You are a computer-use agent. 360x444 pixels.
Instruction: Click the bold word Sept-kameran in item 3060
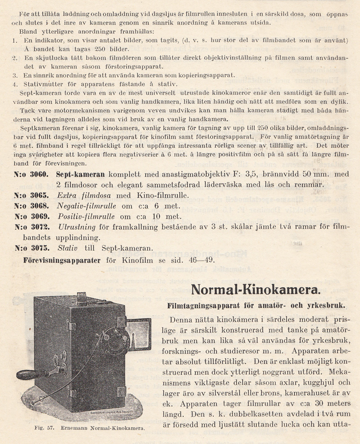[81, 174]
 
